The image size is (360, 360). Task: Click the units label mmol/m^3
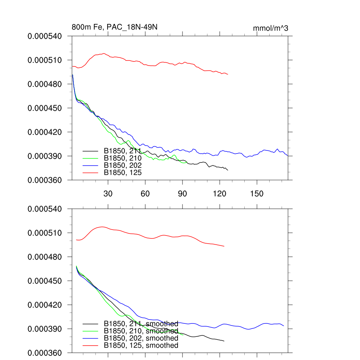tap(270, 28)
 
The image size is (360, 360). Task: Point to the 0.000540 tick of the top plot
tap(45, 36)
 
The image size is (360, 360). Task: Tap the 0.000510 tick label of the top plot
tap(45, 60)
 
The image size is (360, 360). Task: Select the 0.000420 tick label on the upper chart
tap(45, 132)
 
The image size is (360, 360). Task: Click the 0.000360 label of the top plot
tap(45, 180)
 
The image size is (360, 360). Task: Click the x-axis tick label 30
tap(108, 194)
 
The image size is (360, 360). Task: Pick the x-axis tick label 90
tap(182, 194)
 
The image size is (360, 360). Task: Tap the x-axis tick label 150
tap(257, 194)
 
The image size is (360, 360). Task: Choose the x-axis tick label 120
tap(220, 194)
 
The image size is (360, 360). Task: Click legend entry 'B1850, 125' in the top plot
tap(123, 172)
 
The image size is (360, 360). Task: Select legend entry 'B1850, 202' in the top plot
tap(123, 165)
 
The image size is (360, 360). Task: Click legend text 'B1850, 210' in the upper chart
tap(123, 158)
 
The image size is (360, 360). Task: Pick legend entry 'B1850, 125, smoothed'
tap(141, 345)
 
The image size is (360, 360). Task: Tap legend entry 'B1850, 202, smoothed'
tap(141, 338)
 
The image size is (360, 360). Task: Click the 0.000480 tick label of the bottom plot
tap(45, 257)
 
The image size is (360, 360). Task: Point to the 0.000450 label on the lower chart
tap(45, 281)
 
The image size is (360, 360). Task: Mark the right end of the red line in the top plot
tap(228, 74)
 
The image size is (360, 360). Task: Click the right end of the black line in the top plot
tap(228, 170)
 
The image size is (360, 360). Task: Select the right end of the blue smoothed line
tap(283, 326)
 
